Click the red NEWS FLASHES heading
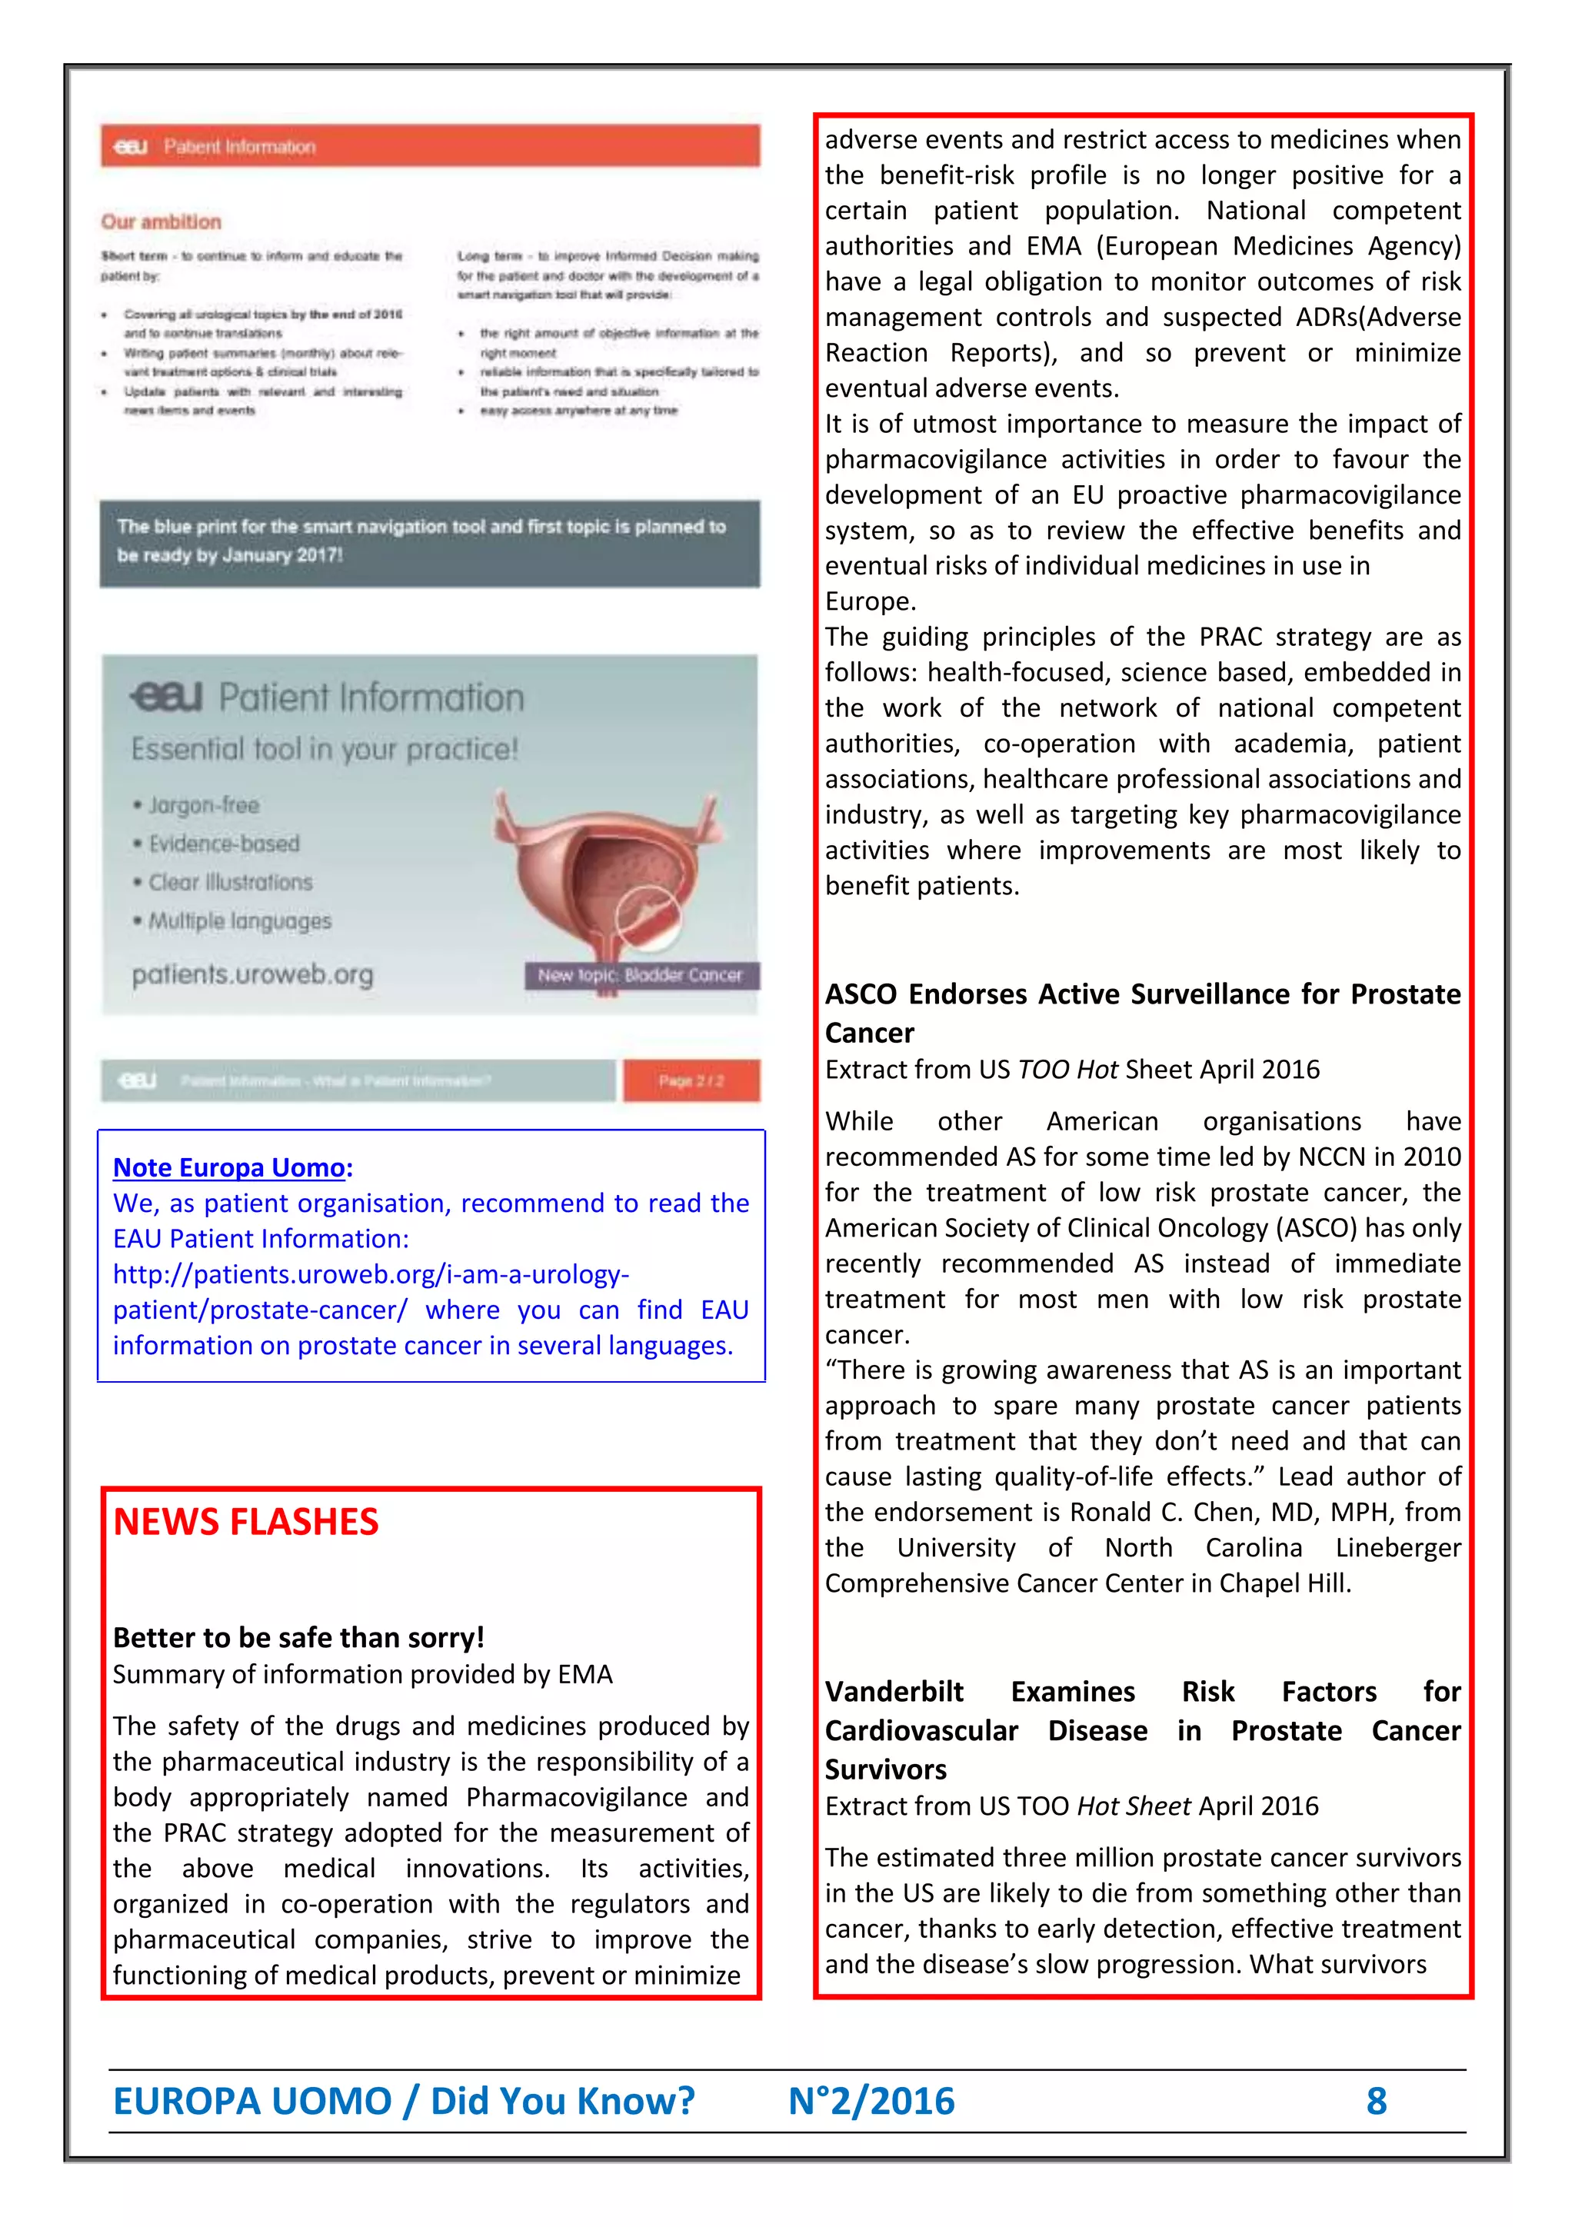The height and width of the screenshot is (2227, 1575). pos(245,1522)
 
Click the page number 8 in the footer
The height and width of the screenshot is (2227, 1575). pos(1375,2100)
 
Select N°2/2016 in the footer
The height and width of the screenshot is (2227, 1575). pos(871,2100)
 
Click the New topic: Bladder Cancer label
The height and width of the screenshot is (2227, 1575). pos(640,975)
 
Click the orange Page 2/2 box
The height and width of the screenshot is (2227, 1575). pos(691,1080)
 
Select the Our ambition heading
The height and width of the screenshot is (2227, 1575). pos(161,221)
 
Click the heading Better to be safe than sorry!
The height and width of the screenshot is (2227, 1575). pos(298,1637)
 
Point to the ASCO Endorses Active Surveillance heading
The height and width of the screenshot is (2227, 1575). pos(1141,994)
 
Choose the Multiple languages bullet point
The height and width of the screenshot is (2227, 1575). pos(238,920)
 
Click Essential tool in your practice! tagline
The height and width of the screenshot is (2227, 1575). pos(325,749)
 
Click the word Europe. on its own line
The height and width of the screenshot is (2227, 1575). pos(870,601)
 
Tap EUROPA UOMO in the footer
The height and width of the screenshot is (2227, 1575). pos(252,2100)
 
